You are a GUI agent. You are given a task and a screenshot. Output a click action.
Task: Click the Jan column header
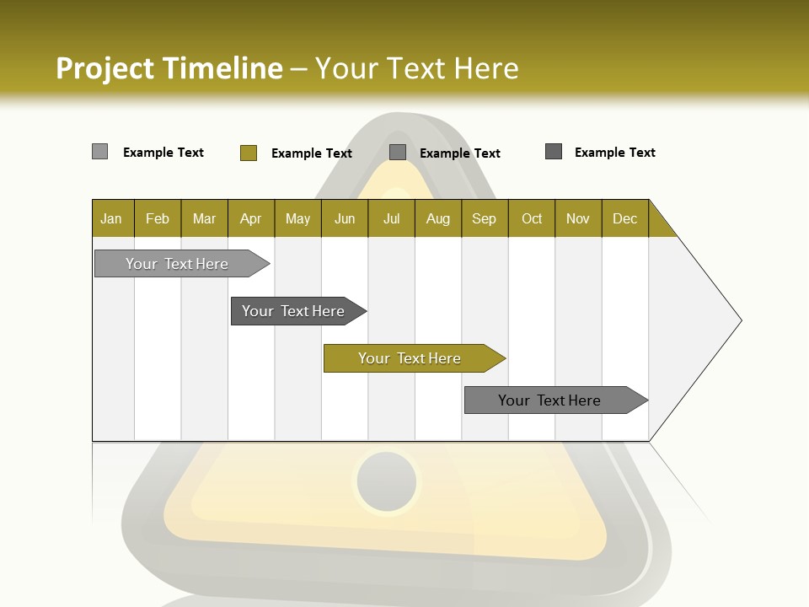coord(112,218)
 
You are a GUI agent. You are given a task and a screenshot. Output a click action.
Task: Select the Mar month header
coord(204,218)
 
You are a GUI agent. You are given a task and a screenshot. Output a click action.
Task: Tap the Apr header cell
coord(250,218)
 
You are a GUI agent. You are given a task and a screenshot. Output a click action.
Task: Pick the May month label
coord(297,218)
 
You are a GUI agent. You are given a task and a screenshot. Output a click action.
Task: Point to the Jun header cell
coord(345,218)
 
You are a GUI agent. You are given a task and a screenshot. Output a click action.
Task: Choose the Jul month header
coord(391,218)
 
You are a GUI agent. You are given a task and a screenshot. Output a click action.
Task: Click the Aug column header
coord(437,218)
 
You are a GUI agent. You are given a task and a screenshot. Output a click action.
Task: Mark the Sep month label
coord(484,218)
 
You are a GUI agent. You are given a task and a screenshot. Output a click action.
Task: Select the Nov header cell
coord(577,218)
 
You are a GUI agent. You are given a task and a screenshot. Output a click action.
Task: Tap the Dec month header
coord(624,218)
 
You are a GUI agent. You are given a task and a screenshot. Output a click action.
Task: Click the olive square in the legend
coord(248,153)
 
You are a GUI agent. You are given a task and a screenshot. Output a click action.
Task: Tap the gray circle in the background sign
coord(386,481)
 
